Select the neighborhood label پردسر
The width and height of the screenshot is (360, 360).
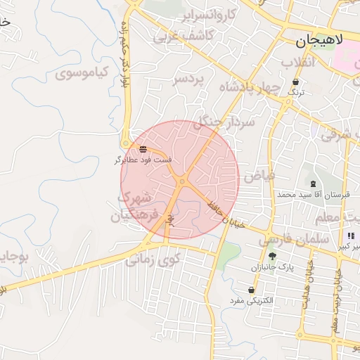[x=188, y=79]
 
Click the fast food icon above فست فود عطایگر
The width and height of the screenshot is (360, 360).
[x=143, y=149]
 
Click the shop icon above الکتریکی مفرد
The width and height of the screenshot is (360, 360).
[x=252, y=290]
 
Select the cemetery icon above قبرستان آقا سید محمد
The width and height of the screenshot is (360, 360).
[x=313, y=184]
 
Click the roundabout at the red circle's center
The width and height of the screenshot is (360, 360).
[x=181, y=181]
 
